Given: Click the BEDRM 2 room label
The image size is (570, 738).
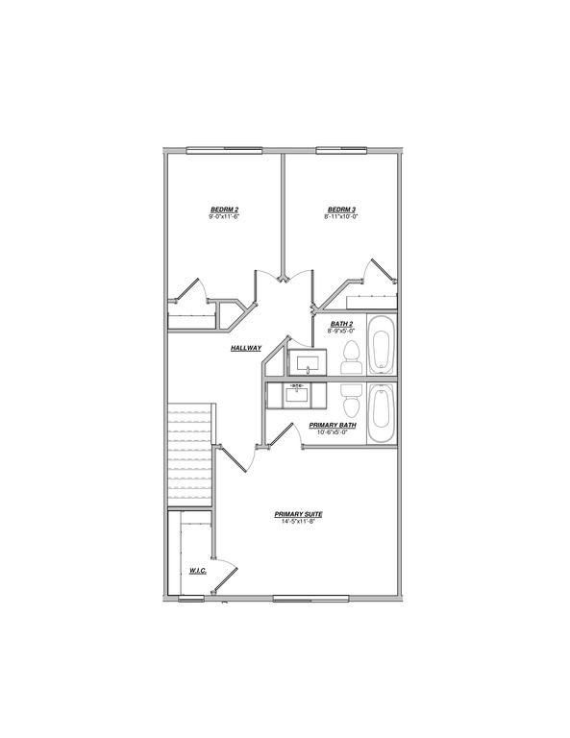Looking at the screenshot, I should click(224, 209).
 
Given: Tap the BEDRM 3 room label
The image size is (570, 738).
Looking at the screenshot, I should click(341, 209).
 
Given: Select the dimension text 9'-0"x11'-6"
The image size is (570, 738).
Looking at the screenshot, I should click(223, 217).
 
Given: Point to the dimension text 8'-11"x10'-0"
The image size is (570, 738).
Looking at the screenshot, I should click(341, 217).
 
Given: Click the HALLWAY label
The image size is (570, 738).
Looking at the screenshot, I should click(246, 348).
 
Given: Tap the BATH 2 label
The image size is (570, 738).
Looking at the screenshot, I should click(342, 324).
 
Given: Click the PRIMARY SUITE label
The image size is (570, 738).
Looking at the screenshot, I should click(298, 514).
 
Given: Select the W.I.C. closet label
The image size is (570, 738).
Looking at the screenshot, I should click(199, 572).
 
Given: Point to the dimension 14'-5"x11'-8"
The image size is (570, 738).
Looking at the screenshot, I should click(298, 522).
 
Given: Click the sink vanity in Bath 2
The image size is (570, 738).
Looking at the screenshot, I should click(308, 362).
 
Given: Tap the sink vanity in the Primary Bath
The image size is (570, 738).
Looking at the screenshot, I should click(297, 394).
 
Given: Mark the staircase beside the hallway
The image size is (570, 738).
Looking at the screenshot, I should click(189, 456).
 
